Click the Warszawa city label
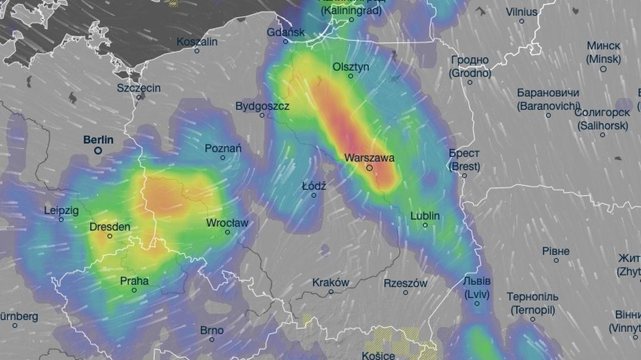pyautogui.click(x=369, y=158)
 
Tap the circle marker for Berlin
pyautogui.click(x=98, y=150)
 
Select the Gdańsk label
pyautogui.click(x=286, y=32)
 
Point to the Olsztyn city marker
pyautogui.click(x=351, y=76)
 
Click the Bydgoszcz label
pyautogui.click(x=262, y=106)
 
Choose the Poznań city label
pyautogui.click(x=223, y=149)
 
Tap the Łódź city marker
pyautogui.click(x=314, y=195)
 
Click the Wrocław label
pyautogui.click(x=227, y=223)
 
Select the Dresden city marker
pyautogui.click(x=110, y=236)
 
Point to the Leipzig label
pyautogui.click(x=61, y=211)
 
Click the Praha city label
pyautogui.click(x=134, y=281)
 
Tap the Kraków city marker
pyautogui.click(x=331, y=291)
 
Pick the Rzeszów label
pyautogui.click(x=406, y=283)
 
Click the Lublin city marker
pyautogui.click(x=425, y=225)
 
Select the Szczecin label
pyautogui.click(x=139, y=88)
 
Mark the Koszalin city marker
pyautogui.click(x=197, y=51)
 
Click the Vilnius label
pyautogui.click(x=521, y=12)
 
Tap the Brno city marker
pyautogui.click(x=212, y=339)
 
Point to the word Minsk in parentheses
pyautogui.click(x=603, y=59)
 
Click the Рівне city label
pyautogui.click(x=556, y=251)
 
